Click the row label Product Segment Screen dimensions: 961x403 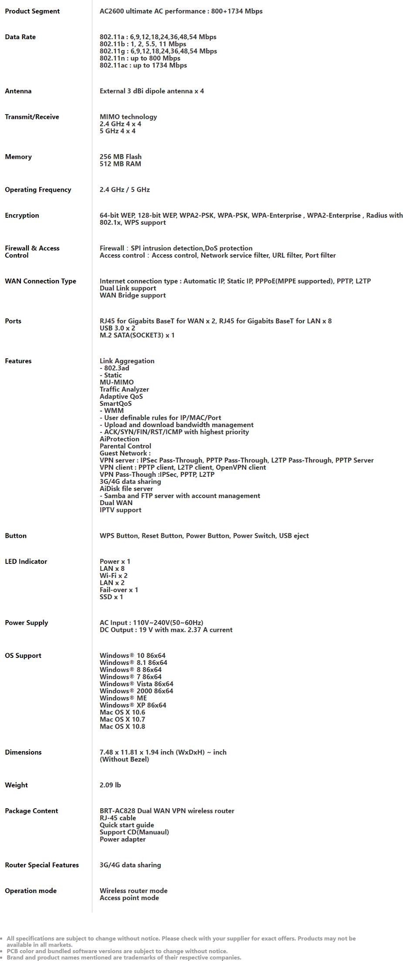coord(32,11)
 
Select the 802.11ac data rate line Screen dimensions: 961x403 coord(143,65)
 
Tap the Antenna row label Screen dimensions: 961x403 coord(18,91)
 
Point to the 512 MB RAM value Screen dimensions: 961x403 coord(120,164)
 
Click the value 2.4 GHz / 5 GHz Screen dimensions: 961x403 coord(125,189)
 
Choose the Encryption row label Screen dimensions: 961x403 coord(22,216)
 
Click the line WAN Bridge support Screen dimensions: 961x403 coord(132,295)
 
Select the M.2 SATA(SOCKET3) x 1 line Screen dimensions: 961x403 coord(137,335)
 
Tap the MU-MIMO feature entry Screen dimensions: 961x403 coord(117,382)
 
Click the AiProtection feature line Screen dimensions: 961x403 coord(119,439)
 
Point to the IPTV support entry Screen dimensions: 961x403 coord(120,510)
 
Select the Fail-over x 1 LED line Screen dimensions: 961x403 coord(119,590)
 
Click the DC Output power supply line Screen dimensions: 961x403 coord(166,630)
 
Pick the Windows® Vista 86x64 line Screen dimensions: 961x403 coord(136,684)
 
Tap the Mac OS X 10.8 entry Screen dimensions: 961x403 coord(122,726)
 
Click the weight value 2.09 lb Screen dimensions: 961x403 coord(110,785)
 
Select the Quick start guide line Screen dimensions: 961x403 coord(127,825)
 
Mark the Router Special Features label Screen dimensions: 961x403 coord(42,865)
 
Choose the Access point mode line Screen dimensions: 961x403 coord(129,898)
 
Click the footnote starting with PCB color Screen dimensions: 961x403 coord(117,951)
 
